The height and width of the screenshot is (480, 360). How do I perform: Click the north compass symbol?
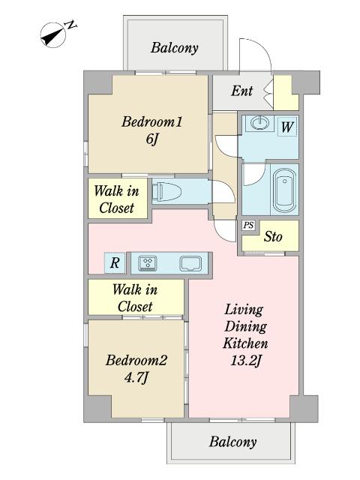pos(53,35)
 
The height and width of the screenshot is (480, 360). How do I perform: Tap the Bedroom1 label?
pos(151,121)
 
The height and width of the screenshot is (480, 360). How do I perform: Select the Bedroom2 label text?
pos(136,360)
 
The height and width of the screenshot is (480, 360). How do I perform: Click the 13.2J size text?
pos(245,361)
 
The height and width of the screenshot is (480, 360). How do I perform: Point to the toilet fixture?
pos(166,192)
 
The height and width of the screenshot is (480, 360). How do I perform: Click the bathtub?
pos(284,190)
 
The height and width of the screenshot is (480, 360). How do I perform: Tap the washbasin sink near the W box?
pos(260,123)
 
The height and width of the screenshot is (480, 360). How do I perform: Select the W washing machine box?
pos(287,127)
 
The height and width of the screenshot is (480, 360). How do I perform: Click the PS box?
pos(248,226)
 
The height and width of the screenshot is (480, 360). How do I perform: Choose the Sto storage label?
pos(273,236)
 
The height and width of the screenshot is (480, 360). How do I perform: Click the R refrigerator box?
pos(115,263)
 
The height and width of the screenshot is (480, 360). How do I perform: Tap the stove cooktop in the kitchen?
pos(148,263)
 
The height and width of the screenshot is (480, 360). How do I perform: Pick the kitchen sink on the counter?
pos(190,263)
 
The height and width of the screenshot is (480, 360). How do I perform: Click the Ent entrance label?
pos(241,91)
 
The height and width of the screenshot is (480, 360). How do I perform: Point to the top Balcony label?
pos(175,48)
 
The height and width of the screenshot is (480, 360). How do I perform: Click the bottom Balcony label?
pos(233,442)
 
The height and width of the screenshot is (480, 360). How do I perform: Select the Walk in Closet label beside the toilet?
pos(117,199)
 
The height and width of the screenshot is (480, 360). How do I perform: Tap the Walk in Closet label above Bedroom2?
pos(135,298)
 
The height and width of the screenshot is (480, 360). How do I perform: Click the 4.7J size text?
pos(136,378)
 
